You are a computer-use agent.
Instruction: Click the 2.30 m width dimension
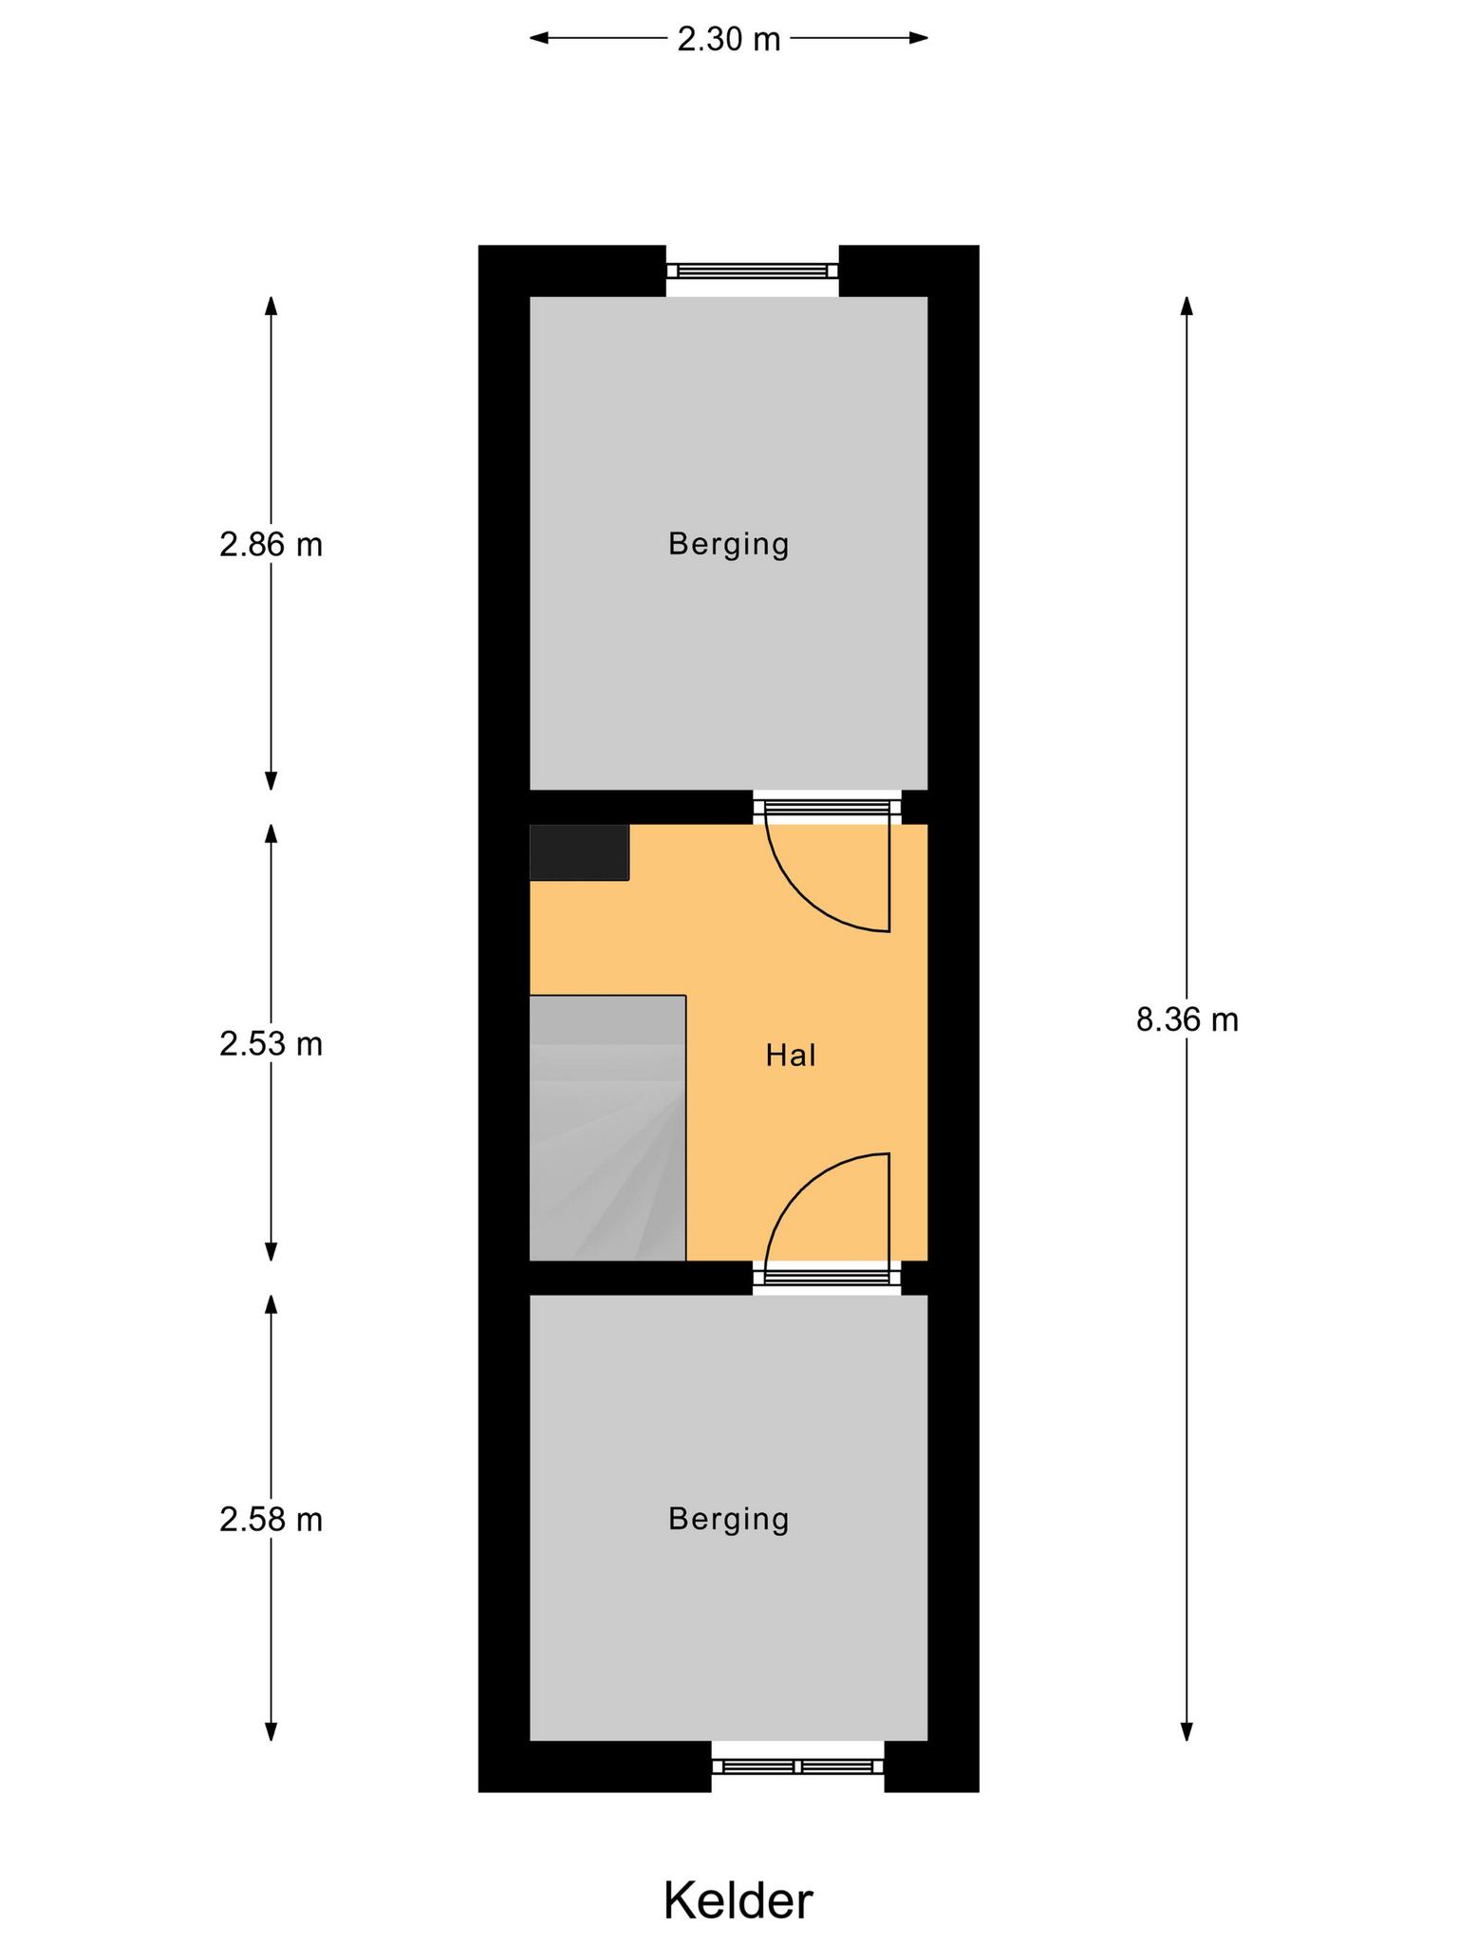(729, 39)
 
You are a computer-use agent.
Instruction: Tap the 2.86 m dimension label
(271, 545)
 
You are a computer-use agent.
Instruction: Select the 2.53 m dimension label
(271, 1044)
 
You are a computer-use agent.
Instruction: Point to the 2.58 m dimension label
(271, 1520)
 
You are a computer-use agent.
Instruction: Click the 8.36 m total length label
(1187, 1019)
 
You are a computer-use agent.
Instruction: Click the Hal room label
(791, 1056)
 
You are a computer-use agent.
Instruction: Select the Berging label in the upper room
(729, 545)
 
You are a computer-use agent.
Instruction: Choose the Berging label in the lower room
(729, 1520)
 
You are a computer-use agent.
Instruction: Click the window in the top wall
(752, 271)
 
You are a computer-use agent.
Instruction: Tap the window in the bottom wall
(797, 1766)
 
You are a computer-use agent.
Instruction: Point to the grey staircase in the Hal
(607, 1128)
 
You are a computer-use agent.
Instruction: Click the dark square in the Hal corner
(579, 852)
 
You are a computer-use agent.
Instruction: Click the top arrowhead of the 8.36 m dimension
(1187, 306)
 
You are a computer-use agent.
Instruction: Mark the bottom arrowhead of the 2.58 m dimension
(271, 1731)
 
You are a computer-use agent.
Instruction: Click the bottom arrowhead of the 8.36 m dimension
(1187, 1731)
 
